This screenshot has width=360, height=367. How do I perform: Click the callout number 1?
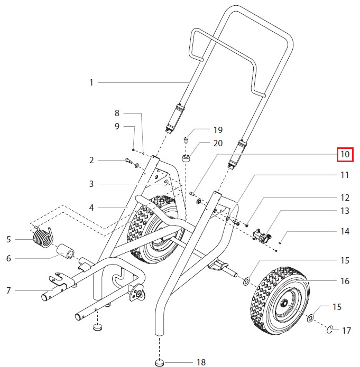pos(91,82)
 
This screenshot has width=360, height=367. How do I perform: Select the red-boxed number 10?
pos(345,155)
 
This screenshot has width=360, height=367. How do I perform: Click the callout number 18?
pos(201,362)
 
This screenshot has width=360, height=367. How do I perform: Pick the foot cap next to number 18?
pos(160,362)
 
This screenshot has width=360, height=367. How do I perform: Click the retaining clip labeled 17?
pos(330,330)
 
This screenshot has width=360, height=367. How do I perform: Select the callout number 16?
pos(345,281)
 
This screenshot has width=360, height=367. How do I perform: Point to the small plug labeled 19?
pos(187,140)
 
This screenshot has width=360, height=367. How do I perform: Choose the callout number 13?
pos(345,211)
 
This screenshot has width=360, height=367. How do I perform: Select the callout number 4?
pos(91,208)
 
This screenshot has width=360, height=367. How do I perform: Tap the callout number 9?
pos(117,126)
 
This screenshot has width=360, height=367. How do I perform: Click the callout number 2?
pos(91,160)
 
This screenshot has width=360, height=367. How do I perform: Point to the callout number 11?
pos(345,175)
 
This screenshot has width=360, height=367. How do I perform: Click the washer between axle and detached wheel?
pos(247,279)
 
